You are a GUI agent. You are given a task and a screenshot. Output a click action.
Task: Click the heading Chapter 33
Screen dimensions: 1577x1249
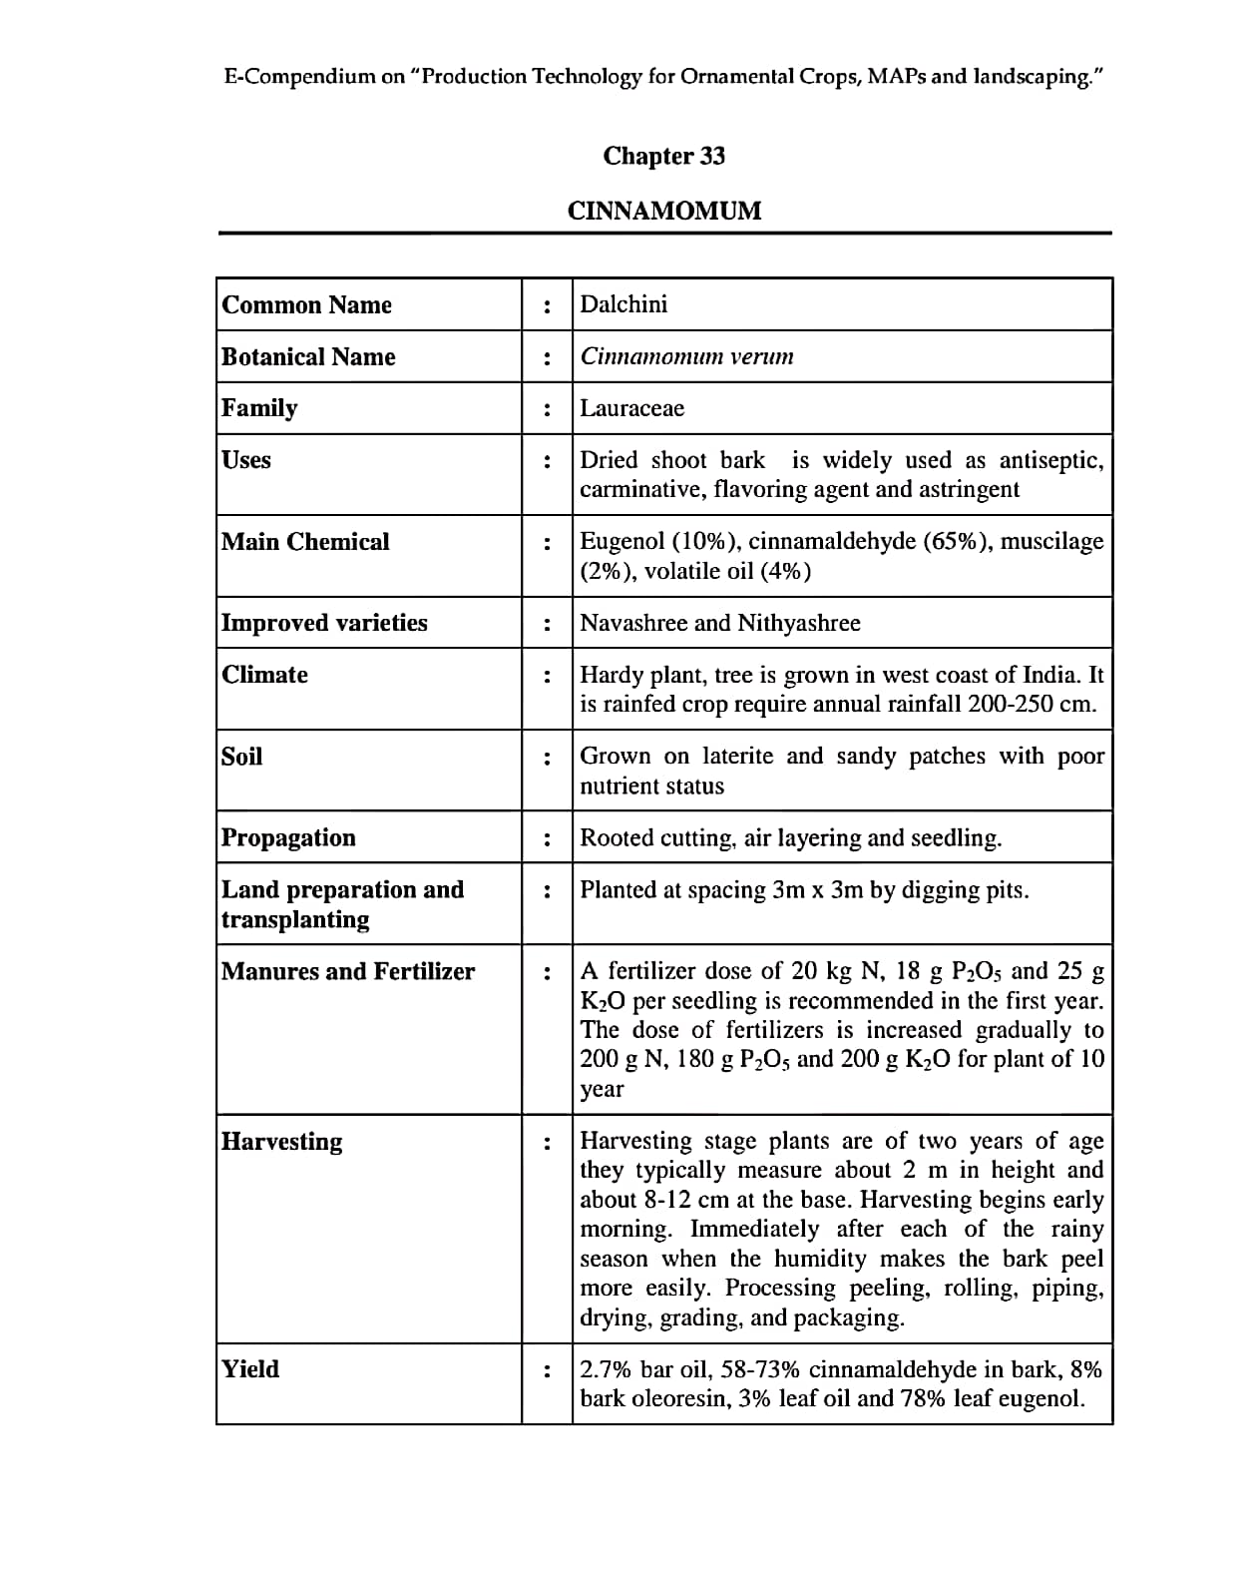pos(663,156)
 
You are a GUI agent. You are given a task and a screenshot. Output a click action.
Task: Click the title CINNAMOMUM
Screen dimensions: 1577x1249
pos(663,211)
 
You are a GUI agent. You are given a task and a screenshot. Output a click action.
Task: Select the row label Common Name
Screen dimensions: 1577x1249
pos(306,305)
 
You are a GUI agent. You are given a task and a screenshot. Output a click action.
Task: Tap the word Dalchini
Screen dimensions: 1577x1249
pos(624,304)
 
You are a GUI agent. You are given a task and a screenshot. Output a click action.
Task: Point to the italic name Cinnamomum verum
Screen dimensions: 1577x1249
pos(686,356)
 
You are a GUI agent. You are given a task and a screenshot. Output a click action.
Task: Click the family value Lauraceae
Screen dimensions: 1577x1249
pos(631,408)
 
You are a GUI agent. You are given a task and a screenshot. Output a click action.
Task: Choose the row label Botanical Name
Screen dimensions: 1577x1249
pos(308,357)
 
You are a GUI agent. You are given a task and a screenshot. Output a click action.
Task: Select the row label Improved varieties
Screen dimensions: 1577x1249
pos(324,623)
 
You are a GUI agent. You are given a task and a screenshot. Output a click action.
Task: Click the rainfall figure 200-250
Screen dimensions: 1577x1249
pos(1010,704)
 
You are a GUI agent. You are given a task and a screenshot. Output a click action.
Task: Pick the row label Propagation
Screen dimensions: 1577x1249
pos(288,837)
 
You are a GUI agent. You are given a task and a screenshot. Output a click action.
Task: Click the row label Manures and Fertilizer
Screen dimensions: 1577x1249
pos(348,971)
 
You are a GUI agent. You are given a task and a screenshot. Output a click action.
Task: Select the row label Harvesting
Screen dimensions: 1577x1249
pos(281,1141)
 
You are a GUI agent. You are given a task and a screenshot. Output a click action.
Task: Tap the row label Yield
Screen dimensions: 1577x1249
pos(250,1368)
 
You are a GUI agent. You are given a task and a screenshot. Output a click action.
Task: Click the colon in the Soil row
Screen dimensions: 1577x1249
pos(547,759)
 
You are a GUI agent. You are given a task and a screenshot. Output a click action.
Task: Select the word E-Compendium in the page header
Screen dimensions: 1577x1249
pos(299,77)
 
